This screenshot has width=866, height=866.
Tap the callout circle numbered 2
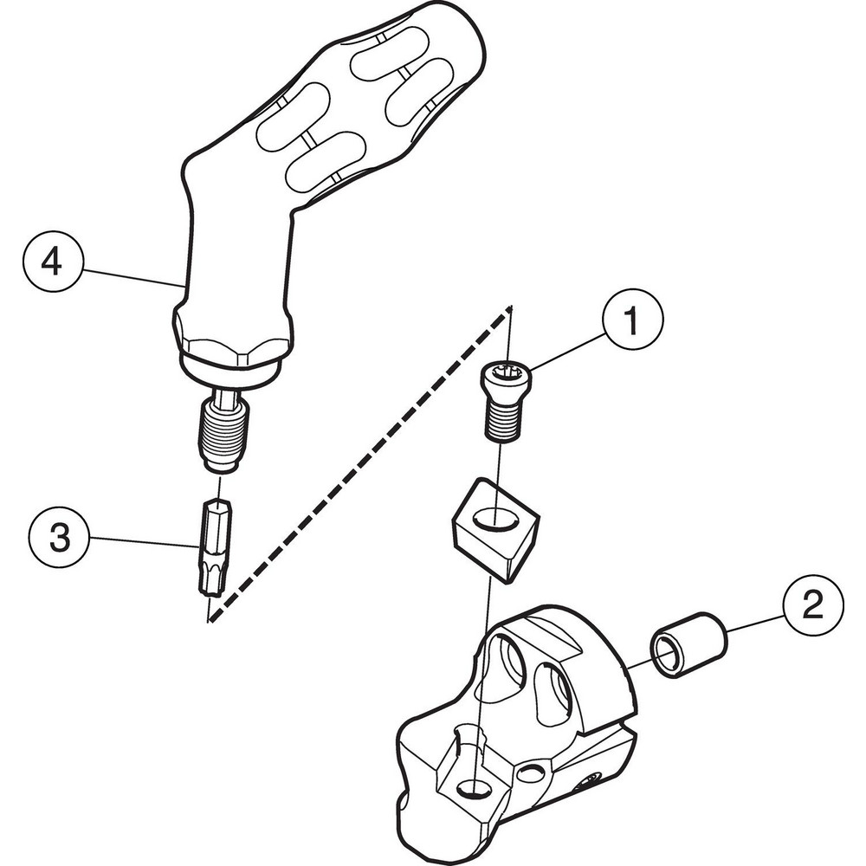812,608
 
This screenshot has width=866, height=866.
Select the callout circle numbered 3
58,539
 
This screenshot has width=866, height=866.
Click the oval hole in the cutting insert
496,520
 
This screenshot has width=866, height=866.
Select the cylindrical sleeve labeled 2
688,645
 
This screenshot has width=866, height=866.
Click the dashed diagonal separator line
364,459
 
